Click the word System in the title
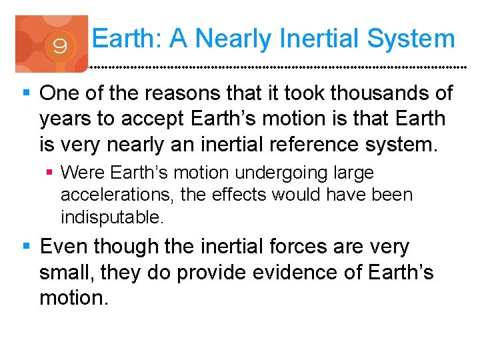(x=412, y=39)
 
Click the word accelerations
(x=114, y=195)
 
